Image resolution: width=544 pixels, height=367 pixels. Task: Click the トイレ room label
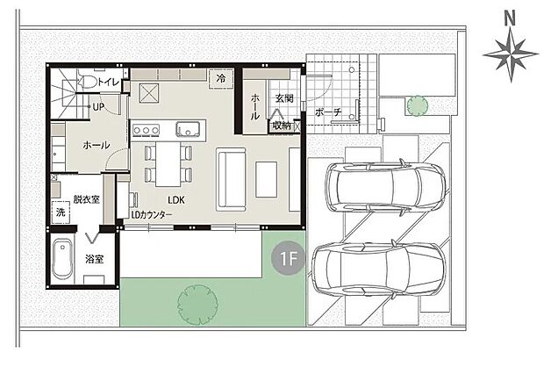point(109,83)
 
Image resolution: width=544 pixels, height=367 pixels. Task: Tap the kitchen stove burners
point(146,131)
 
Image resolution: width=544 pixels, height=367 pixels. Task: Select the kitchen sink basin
point(188,128)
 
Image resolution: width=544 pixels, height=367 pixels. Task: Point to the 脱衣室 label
point(86,199)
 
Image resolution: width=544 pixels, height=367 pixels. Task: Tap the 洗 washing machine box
point(61,213)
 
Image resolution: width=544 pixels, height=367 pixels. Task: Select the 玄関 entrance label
point(284,98)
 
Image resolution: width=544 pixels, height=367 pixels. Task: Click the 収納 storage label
point(281,126)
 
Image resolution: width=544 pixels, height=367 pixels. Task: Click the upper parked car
point(384,187)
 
